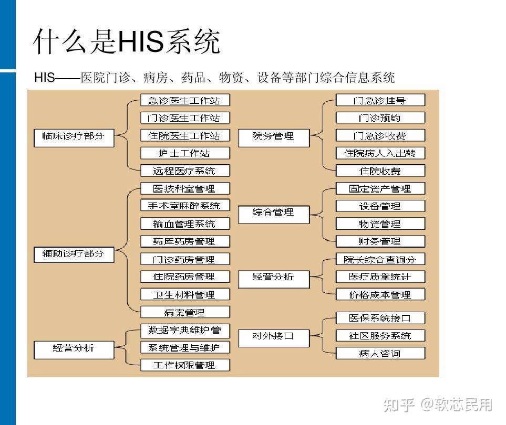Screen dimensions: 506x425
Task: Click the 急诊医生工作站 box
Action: click(x=185, y=100)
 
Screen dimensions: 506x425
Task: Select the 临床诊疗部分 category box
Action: click(x=74, y=138)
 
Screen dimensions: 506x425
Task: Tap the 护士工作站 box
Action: click(x=185, y=153)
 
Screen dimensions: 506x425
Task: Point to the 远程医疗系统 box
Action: click(x=185, y=171)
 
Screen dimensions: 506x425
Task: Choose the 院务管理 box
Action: click(x=274, y=138)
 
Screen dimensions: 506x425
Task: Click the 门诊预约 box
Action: click(x=380, y=118)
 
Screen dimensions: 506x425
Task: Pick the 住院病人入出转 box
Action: click(x=380, y=153)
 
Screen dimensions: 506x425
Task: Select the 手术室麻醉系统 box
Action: click(x=185, y=205)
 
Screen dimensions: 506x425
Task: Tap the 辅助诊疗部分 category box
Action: click(x=74, y=254)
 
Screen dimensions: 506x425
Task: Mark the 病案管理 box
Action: click(x=185, y=312)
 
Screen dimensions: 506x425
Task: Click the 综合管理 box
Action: click(x=274, y=215)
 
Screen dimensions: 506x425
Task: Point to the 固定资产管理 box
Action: click(x=380, y=188)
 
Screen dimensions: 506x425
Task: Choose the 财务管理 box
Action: click(x=380, y=241)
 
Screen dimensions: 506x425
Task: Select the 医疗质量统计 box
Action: click(x=380, y=277)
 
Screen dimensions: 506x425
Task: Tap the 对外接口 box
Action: click(x=274, y=338)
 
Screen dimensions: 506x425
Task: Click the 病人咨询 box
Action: click(x=380, y=353)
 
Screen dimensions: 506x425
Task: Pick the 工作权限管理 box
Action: click(x=185, y=365)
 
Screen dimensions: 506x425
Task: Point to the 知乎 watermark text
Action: click(x=399, y=405)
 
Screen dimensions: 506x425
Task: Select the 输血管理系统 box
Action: click(x=185, y=224)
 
